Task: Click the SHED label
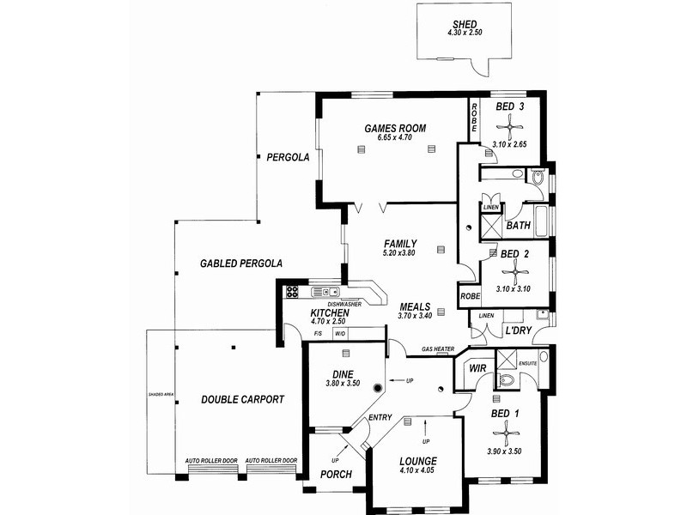pos(465,23)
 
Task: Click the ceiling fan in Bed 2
pos(514,273)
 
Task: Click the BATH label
pos(518,227)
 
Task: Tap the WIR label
pos(478,369)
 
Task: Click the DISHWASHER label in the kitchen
pos(343,303)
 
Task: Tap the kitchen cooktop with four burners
pos(292,290)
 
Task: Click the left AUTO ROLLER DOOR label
pos(211,461)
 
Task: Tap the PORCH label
pos(336,498)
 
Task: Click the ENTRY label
pos(380,417)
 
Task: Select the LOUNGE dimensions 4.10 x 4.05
pos(418,470)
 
